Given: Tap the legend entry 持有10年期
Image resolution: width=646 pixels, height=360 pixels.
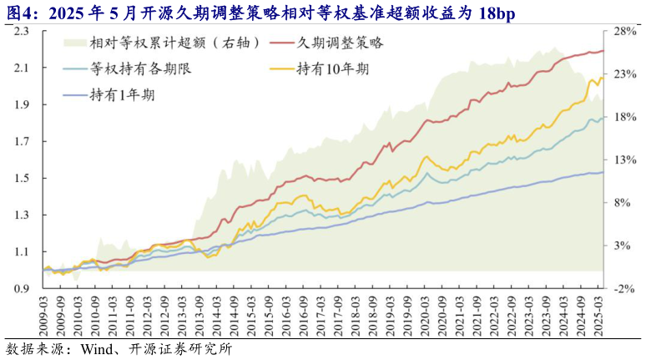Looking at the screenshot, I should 336,68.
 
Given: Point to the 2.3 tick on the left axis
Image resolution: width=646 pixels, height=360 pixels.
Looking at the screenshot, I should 22,31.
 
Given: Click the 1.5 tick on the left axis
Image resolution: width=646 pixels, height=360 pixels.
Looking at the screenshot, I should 22,178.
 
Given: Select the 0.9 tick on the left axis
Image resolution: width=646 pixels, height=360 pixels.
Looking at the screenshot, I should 22,289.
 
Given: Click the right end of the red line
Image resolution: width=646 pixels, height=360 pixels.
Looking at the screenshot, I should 604,51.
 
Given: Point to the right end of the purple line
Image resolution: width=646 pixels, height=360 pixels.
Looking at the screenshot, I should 604,172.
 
